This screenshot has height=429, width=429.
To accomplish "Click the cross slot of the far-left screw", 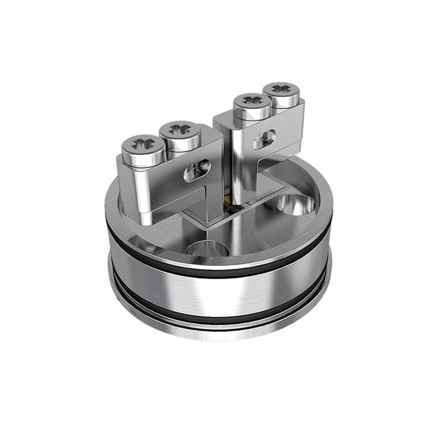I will pos(142,145).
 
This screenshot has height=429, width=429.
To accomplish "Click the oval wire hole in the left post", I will pos(197,170).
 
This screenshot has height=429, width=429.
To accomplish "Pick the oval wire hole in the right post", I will pos(265,138).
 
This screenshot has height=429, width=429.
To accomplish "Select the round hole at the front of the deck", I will pos(203,249).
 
